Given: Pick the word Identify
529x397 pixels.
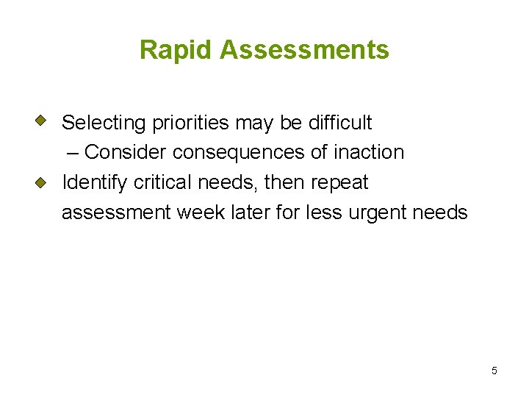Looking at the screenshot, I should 95,182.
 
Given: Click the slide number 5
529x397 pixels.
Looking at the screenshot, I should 494,371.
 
